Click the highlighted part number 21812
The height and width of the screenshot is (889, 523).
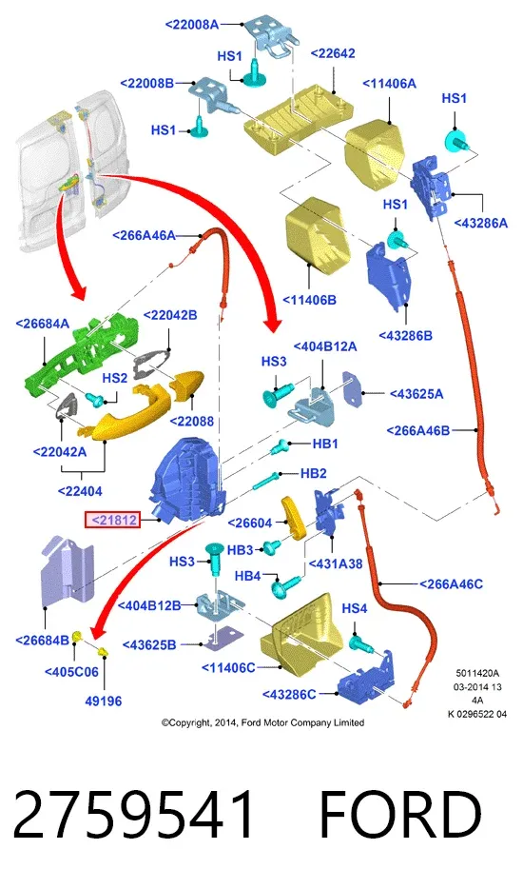pyautogui.click(x=112, y=520)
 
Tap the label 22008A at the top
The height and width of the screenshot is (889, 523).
pyautogui.click(x=191, y=25)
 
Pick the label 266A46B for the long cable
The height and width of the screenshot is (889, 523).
pyautogui.click(x=418, y=431)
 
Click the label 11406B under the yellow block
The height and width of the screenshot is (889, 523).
pyautogui.click(x=309, y=300)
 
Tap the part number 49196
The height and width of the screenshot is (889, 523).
pyautogui.click(x=103, y=701)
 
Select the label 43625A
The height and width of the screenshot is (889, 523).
pyautogui.click(x=416, y=393)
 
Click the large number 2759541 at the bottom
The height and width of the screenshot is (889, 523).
pyautogui.click(x=134, y=816)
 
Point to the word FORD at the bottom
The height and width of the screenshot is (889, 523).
pyautogui.click(x=400, y=816)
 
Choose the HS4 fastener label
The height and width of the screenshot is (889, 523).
pyautogui.click(x=354, y=608)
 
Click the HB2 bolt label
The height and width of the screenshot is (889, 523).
pyautogui.click(x=314, y=473)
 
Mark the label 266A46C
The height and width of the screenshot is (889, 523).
pyautogui.click(x=451, y=583)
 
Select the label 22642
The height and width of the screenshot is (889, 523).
pyautogui.click(x=333, y=53)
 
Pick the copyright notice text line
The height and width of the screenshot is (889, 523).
pyautogui.click(x=262, y=722)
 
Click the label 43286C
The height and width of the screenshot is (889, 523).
pyautogui.click(x=289, y=695)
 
